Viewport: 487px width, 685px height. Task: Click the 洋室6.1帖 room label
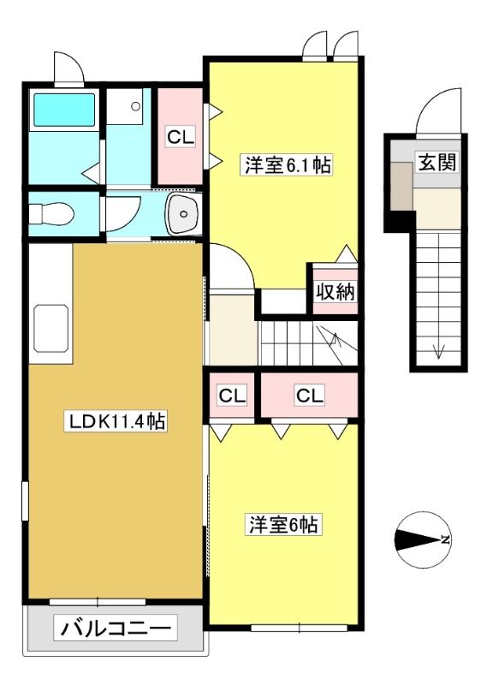pos(287,165)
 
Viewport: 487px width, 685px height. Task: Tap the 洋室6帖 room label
pos(283,525)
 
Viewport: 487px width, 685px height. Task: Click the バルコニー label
pos(116,629)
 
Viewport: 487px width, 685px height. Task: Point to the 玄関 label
pos(437,162)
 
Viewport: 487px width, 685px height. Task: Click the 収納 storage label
pos(335,291)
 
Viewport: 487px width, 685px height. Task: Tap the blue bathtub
pos(64,110)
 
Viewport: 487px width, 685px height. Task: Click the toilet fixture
pos(51,214)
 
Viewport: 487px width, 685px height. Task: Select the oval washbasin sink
pos(183,214)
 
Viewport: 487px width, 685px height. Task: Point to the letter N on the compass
pos(446,539)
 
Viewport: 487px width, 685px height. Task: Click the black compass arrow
pos(417,539)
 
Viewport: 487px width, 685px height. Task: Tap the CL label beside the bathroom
pos(180,138)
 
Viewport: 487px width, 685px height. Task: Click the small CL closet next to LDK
pos(232,396)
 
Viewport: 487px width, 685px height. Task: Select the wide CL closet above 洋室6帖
pos(310,396)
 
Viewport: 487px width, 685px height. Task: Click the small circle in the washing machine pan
pos(136,106)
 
